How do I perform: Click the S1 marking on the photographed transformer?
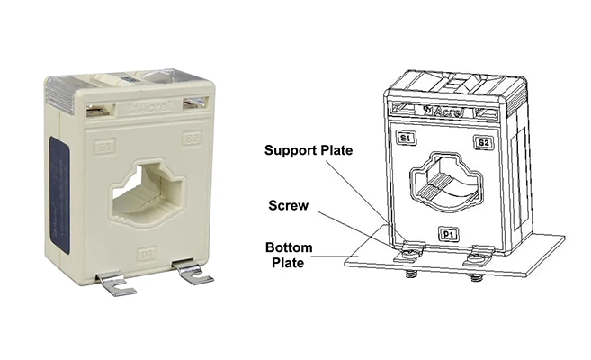[x=105, y=145]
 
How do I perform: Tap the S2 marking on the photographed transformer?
[x=191, y=139]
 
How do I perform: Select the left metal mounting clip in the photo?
[x=116, y=283]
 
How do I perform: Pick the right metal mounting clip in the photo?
[x=195, y=274]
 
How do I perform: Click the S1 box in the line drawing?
[x=407, y=138]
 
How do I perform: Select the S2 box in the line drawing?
[x=483, y=142]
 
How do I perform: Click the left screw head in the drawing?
[x=414, y=249]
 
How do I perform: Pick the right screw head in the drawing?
[x=475, y=256]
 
